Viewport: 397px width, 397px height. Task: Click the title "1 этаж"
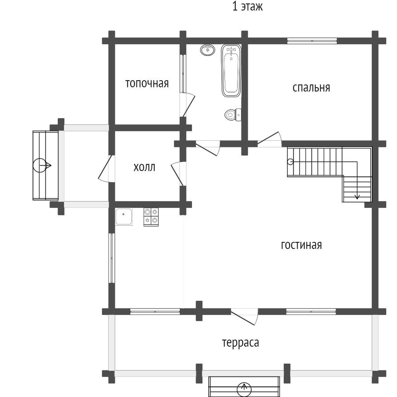(x=247, y=7)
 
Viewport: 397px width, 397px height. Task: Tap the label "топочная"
(x=147, y=83)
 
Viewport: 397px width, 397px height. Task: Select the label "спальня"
(x=311, y=88)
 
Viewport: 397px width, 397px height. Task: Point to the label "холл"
(x=144, y=167)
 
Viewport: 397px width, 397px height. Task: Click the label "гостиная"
(x=301, y=245)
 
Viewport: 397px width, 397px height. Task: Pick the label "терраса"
(x=240, y=343)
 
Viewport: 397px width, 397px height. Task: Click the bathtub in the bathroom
(x=231, y=71)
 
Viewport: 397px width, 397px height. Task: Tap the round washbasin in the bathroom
(x=208, y=50)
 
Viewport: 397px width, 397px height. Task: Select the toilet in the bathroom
(x=233, y=115)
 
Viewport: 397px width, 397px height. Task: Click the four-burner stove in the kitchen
(x=151, y=217)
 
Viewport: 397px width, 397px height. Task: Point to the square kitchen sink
(x=124, y=217)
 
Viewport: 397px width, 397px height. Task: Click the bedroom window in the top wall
(x=312, y=41)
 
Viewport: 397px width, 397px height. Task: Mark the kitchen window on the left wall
(x=112, y=258)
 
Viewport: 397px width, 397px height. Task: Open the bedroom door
(x=270, y=140)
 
